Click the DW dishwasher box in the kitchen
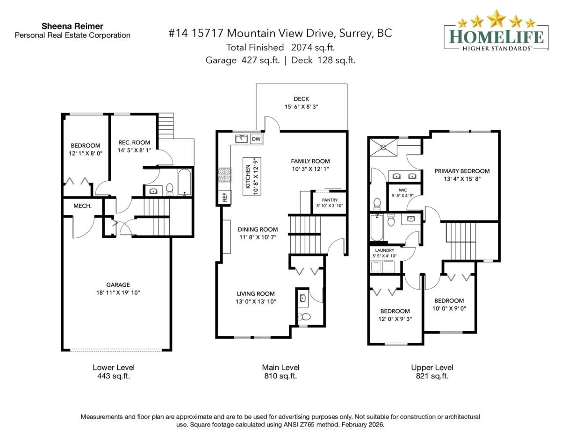point(256,139)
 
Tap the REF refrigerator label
point(224,198)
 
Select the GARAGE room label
point(118,284)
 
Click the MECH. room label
point(82,206)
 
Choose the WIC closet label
point(403,190)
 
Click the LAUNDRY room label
point(383,250)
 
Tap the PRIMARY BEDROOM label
point(461,171)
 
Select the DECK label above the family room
point(301,99)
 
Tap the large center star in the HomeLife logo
point(496,19)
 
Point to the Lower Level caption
point(114,367)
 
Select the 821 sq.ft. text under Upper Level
point(432,376)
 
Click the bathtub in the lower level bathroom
point(185,183)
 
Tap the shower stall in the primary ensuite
point(383,147)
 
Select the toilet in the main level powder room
point(305,316)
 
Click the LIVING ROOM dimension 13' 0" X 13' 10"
point(255,302)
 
